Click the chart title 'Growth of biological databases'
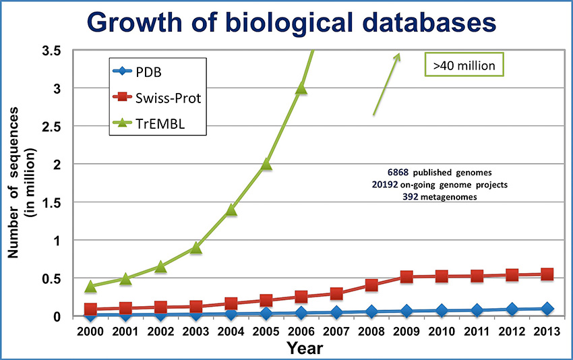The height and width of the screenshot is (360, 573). click(286, 22)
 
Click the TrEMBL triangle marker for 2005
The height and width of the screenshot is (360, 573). click(266, 164)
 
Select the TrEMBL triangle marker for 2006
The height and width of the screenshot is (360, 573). click(301, 88)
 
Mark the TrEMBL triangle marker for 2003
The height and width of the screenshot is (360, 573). click(196, 247)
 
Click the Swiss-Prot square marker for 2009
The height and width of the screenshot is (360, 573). click(406, 276)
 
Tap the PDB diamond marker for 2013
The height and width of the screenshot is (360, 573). click(547, 308)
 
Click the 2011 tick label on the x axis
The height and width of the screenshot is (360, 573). click(477, 333)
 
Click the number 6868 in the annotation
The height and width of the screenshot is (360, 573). click(397, 172)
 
